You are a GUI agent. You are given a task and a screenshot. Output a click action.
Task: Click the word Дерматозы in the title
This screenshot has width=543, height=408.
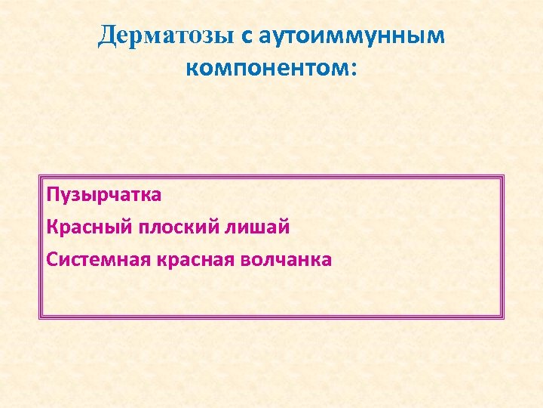tap(167, 36)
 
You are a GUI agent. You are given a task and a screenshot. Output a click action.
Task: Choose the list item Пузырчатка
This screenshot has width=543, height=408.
tap(103, 195)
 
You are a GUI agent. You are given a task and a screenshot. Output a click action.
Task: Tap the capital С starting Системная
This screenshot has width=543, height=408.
tap(51, 259)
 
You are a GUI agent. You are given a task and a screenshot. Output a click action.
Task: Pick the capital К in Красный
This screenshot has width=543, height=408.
tap(52, 227)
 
